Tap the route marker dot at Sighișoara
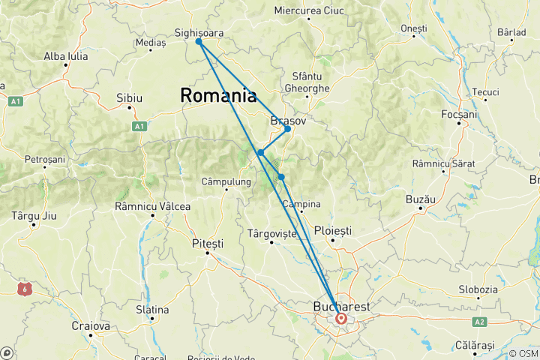(x=199, y=42)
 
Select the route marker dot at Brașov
(x=287, y=129)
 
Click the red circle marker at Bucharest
(x=341, y=318)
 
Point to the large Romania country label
(x=217, y=96)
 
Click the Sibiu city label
(x=129, y=98)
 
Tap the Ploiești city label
(x=332, y=231)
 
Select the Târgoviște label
(x=271, y=234)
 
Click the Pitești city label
(x=208, y=244)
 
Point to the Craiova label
(x=91, y=326)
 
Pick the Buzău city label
(x=421, y=199)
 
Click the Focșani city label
(x=460, y=114)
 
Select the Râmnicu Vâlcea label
(x=152, y=206)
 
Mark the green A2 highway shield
(x=480, y=322)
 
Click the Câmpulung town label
(x=226, y=181)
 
